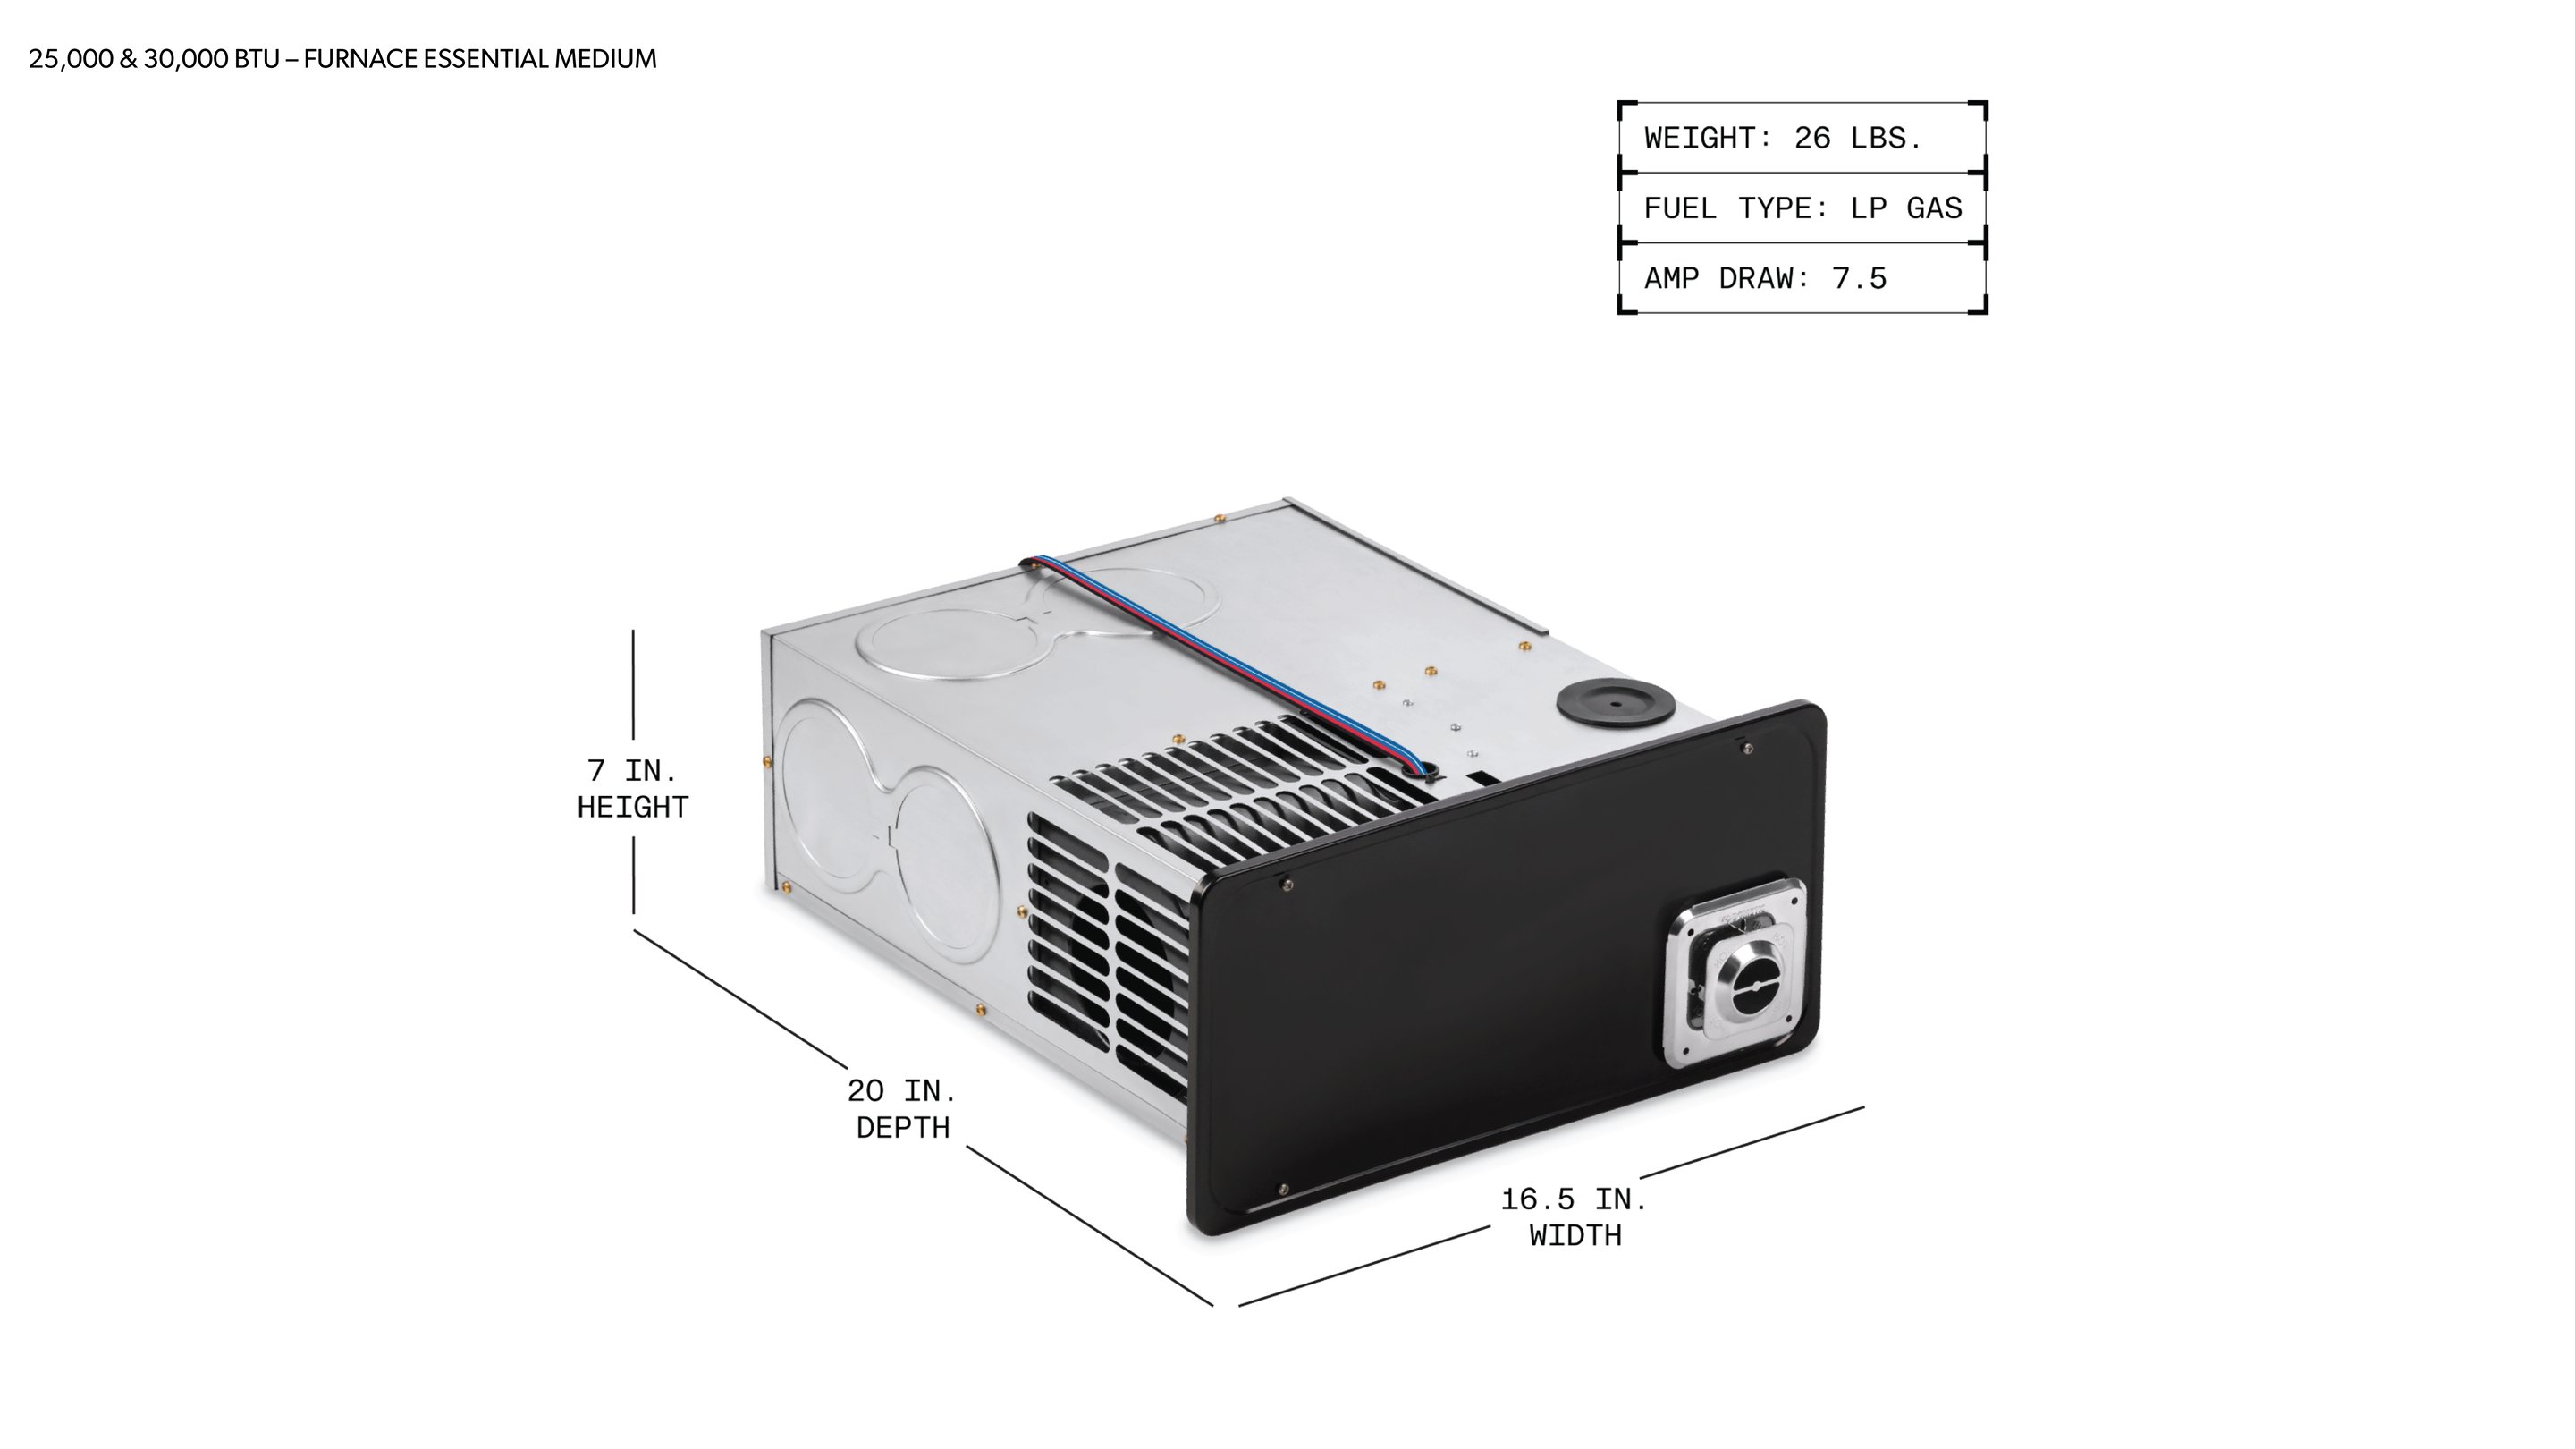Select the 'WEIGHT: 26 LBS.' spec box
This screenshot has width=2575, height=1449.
click(x=1802, y=137)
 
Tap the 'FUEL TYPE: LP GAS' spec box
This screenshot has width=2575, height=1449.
click(x=1802, y=208)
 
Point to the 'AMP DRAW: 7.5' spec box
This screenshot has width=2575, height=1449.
click(x=1802, y=278)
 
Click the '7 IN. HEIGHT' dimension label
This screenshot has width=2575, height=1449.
click(x=633, y=789)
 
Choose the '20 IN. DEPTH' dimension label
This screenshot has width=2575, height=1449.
click(x=903, y=1109)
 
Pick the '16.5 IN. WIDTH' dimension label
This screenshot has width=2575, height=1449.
click(x=1575, y=1217)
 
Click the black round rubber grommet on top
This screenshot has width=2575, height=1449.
click(x=1616, y=703)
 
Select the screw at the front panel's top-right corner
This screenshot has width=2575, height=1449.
click(x=1747, y=748)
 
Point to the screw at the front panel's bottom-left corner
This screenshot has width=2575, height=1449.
click(x=1284, y=1190)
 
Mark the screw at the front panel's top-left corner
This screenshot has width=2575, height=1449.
click(x=1287, y=884)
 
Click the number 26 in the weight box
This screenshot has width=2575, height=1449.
click(x=1812, y=138)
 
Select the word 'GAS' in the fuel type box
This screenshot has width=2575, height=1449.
click(x=1934, y=208)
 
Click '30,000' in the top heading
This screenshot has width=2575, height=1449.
click(x=186, y=59)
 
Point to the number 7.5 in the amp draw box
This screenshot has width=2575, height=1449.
click(x=1860, y=278)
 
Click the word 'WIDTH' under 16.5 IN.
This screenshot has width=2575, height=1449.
click(x=1575, y=1236)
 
